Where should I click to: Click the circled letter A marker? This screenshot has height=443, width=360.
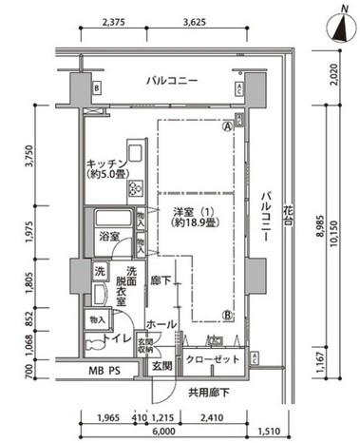pos(228,125)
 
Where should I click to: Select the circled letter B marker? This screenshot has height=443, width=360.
pos(228,317)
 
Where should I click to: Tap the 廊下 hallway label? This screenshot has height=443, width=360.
pos(161,281)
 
